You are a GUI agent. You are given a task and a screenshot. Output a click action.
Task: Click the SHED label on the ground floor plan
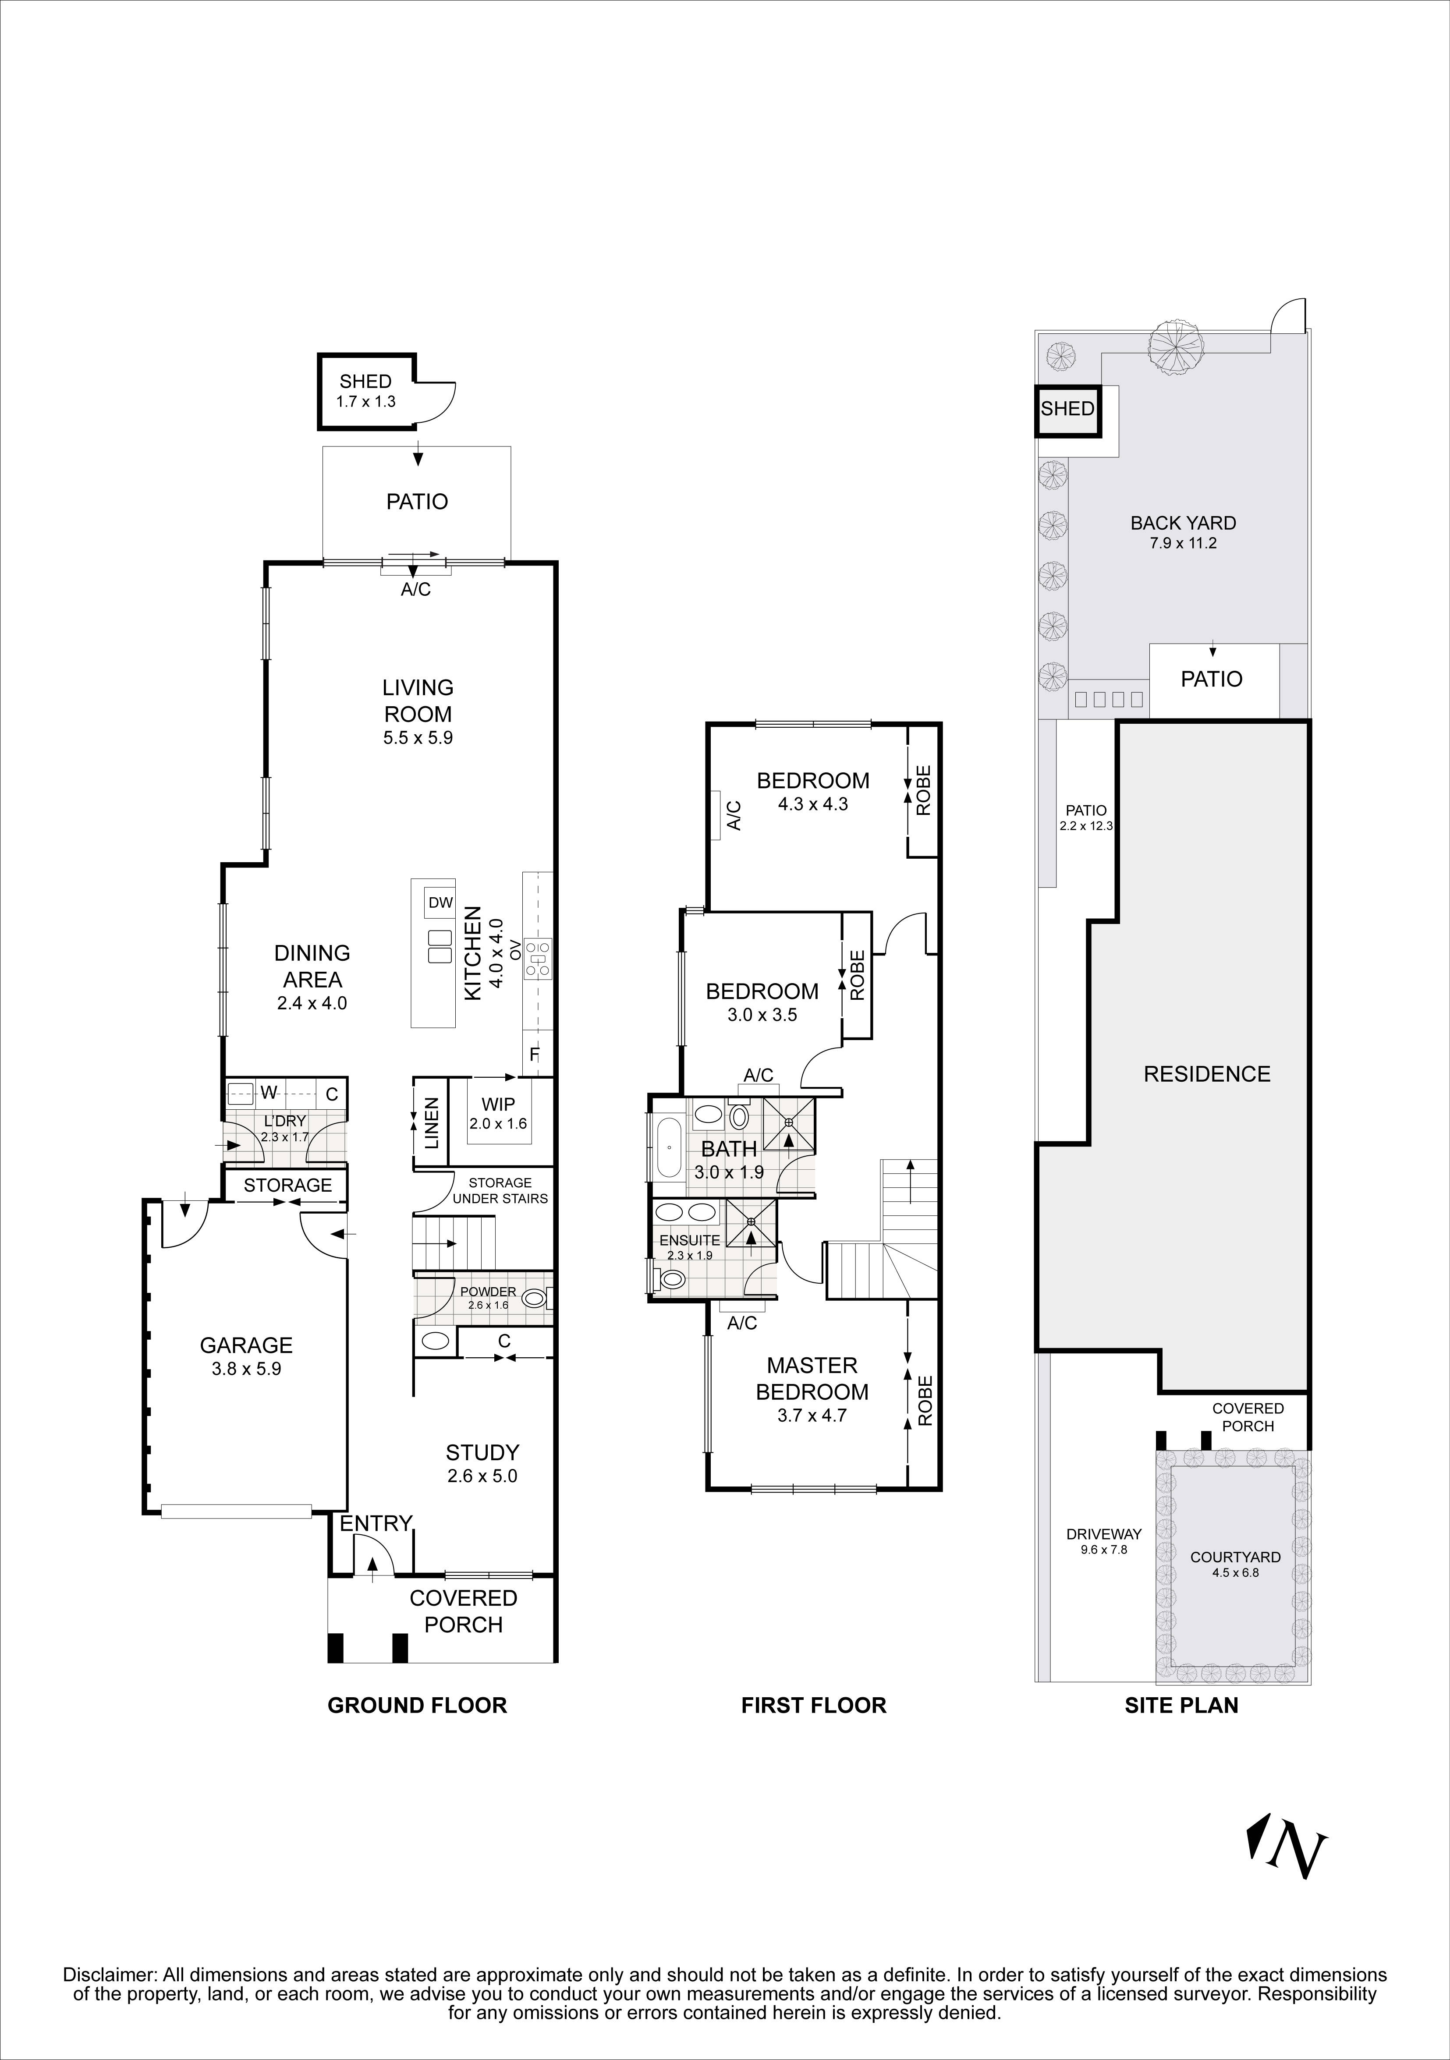coord(365,381)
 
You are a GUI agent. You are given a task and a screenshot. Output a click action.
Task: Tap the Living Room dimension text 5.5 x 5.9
coord(417,738)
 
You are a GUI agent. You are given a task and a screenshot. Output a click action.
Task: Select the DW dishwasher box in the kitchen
coord(440,903)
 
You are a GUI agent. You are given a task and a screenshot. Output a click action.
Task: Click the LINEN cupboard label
coord(432,1123)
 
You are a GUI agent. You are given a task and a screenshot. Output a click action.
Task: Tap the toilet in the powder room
coord(534,1297)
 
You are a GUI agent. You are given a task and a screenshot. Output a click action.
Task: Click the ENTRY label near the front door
coord(375,1522)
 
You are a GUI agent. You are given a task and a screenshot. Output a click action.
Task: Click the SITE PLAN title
coord(1181,1706)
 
